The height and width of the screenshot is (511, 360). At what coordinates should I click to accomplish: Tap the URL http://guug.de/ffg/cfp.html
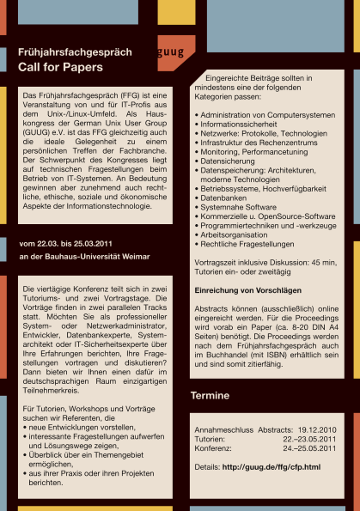click(270, 466)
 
